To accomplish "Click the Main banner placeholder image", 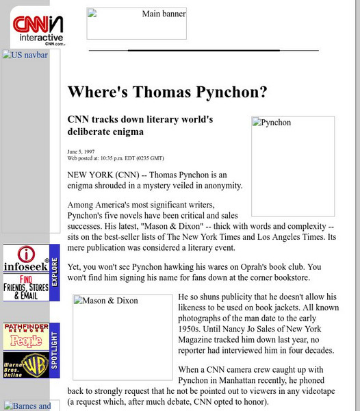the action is pos(136,24).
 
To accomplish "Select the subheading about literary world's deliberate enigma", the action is pos(140,125).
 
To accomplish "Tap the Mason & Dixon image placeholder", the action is pos(123,337).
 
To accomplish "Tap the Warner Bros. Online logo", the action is pos(26,364).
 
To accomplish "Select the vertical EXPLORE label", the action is pos(55,273).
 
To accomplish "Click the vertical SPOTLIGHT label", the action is pos(55,351).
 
